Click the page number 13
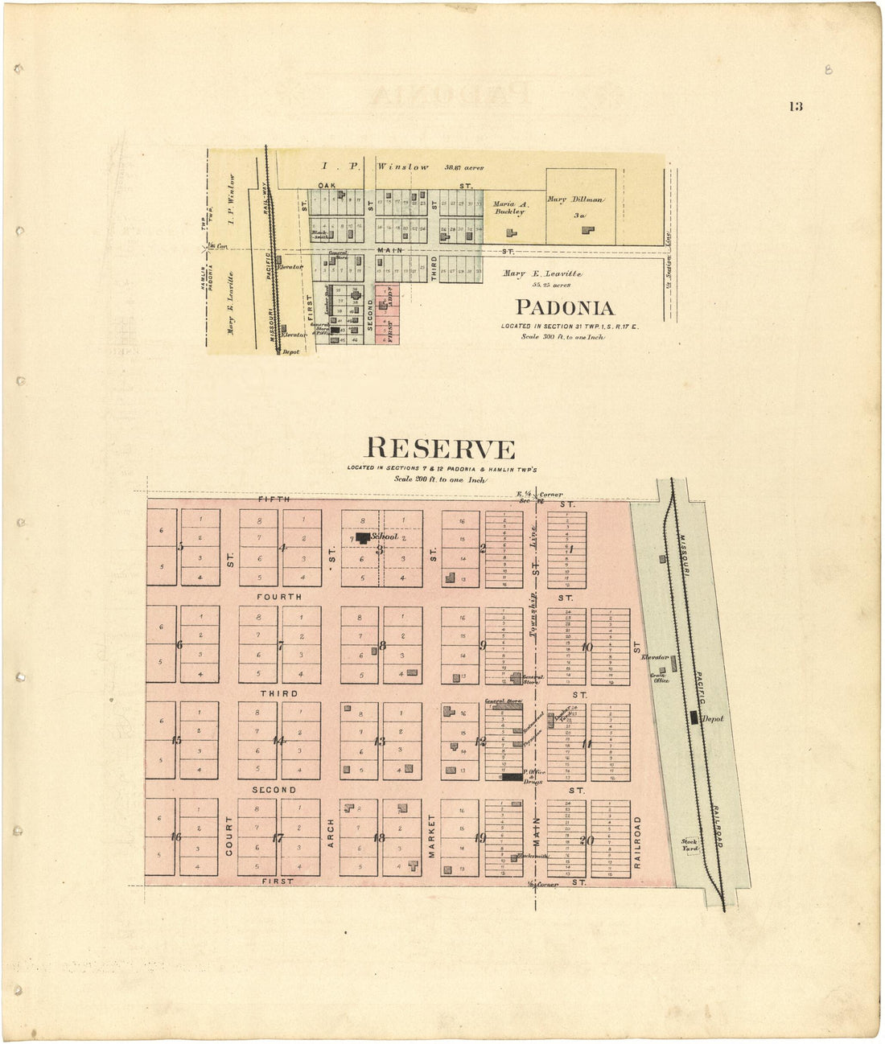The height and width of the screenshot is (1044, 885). (796, 107)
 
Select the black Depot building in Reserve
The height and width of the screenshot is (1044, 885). (694, 718)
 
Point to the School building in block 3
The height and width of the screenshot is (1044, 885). (363, 537)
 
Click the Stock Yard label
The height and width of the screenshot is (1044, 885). (690, 844)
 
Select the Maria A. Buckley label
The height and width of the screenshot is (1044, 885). (508, 208)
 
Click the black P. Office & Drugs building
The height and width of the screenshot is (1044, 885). (511, 778)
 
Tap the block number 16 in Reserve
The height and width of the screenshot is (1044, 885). (175, 837)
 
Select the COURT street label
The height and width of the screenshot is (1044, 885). (228, 836)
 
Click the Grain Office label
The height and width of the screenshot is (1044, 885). (661, 677)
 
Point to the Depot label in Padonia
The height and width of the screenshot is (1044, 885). (291, 352)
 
